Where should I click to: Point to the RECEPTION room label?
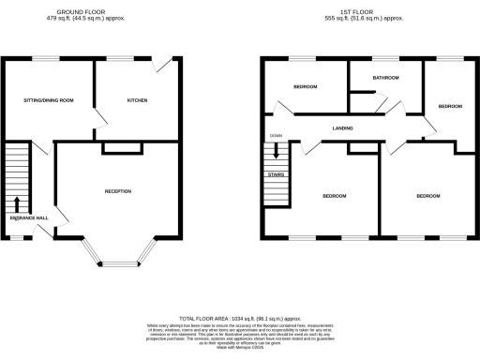coord(117,191)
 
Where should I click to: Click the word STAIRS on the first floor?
coord(276,173)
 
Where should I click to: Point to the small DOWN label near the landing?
coord(276,136)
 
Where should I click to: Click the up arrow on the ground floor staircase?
coord(18,204)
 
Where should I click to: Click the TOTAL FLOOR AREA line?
coord(239,320)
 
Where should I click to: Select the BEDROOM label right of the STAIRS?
coord(335,196)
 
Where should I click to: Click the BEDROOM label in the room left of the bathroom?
coord(305,88)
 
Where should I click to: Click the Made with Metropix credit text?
coord(239,351)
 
